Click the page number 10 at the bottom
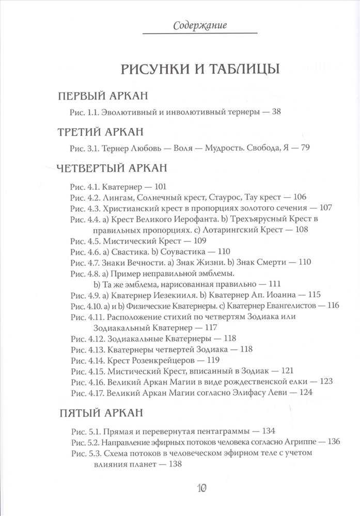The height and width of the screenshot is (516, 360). tap(202, 488)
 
